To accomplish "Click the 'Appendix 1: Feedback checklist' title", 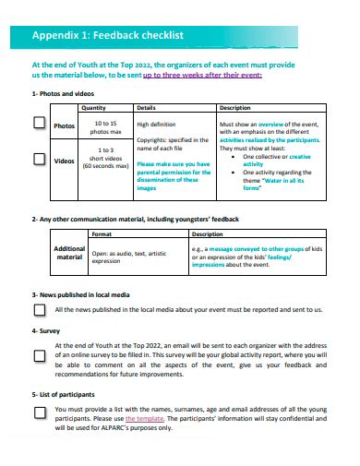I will (x=108, y=35).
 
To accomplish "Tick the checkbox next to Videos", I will (x=40, y=160).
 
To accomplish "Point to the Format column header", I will (x=102, y=233).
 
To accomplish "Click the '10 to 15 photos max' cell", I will (x=106, y=127).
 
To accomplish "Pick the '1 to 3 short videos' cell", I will (x=106, y=158).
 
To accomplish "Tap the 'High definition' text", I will (x=156, y=123).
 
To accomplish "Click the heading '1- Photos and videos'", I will (x=64, y=94).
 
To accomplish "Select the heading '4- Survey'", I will (x=45, y=329).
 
